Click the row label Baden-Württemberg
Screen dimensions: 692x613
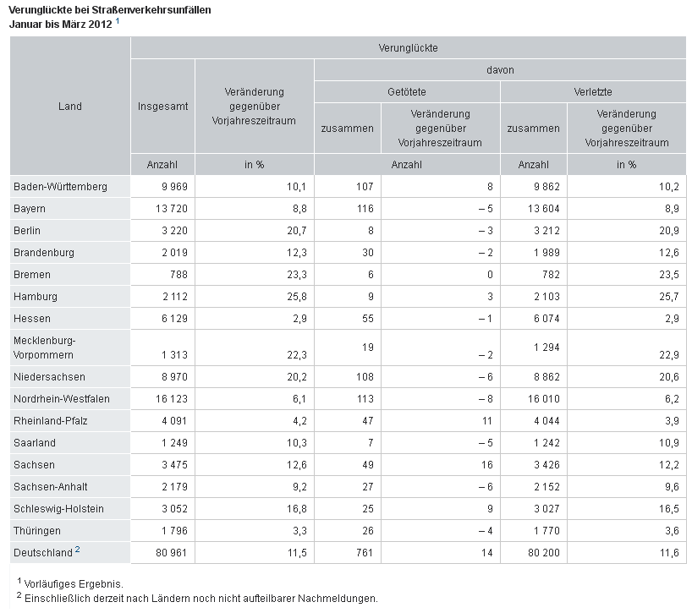tap(60, 187)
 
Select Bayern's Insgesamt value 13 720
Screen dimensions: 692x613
tap(171, 209)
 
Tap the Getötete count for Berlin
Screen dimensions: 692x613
tap(371, 231)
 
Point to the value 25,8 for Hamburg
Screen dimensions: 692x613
tap(297, 297)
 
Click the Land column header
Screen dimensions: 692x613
tap(69, 107)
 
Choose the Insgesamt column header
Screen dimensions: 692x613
tap(163, 107)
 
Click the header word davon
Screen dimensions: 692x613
tap(500, 70)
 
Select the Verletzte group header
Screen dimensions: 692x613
tap(593, 92)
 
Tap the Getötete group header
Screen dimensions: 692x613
tap(406, 92)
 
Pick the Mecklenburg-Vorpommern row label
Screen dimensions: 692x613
tap(44, 348)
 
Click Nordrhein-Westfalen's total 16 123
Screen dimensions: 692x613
tap(171, 399)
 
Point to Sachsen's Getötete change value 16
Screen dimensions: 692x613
tap(486, 465)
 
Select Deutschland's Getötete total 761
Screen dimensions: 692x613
tap(365, 553)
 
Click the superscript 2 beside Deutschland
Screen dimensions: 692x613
tap(77, 549)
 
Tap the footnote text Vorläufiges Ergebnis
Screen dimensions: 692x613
tap(74, 584)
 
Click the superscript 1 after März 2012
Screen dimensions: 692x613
tap(118, 21)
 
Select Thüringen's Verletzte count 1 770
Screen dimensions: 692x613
tap(546, 530)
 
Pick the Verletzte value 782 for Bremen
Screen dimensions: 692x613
tap(551, 275)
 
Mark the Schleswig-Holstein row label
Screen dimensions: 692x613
tap(58, 509)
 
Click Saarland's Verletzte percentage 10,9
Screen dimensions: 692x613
tap(669, 443)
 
